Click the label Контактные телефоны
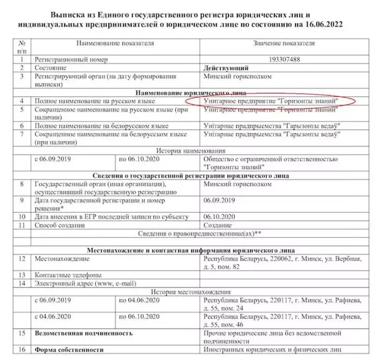(68, 274)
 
